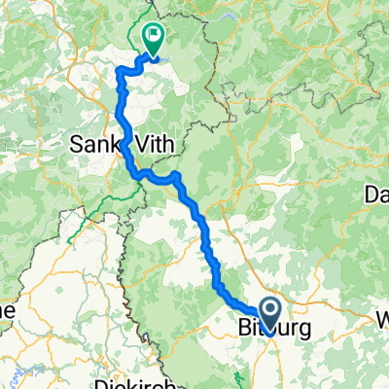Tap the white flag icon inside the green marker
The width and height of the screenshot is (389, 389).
pyautogui.click(x=154, y=35)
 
